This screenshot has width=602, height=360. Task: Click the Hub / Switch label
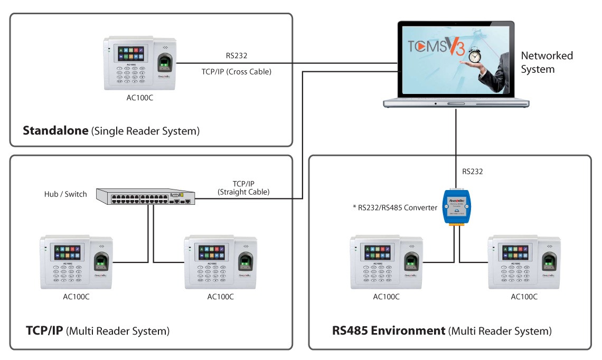click(x=65, y=194)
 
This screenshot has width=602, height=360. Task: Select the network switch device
click(x=145, y=197)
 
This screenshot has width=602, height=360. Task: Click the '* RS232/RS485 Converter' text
click(x=395, y=207)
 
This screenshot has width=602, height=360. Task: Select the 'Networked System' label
click(x=547, y=62)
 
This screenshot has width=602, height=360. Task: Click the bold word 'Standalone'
click(x=55, y=131)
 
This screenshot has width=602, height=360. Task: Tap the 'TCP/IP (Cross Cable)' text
click(x=237, y=71)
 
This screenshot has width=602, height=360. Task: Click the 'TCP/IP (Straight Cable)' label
click(x=244, y=188)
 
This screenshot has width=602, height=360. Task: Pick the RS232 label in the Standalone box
click(x=236, y=55)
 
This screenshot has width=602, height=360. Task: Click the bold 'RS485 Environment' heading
click(x=389, y=331)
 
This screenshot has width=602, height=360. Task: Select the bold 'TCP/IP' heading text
click(x=44, y=331)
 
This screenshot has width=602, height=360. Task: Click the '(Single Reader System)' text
click(x=146, y=131)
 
